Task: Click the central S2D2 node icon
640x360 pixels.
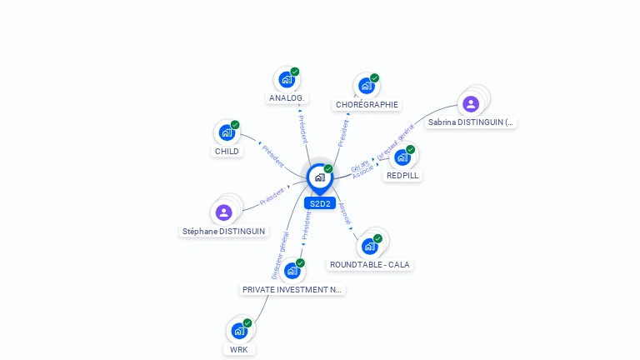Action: tap(319, 177)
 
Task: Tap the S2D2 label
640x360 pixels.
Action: tap(320, 203)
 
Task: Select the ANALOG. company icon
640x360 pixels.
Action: tap(287, 80)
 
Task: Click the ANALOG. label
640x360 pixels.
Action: tap(287, 98)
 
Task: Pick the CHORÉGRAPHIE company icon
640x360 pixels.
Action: tap(366, 86)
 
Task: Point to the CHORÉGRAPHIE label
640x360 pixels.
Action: tap(367, 105)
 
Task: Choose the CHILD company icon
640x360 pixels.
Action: tap(227, 132)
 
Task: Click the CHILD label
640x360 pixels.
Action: tap(227, 152)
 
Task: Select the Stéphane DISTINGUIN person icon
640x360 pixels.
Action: tap(223, 212)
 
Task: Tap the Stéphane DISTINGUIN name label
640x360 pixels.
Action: tap(224, 231)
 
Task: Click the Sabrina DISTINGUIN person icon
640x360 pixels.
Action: tap(471, 104)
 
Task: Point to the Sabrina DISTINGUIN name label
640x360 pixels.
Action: tap(471, 122)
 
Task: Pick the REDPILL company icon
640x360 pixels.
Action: tap(402, 157)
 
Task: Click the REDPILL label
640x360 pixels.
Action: tap(403, 176)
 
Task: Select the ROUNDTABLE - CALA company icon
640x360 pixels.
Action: tap(369, 247)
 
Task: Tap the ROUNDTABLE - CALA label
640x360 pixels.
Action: tap(370, 265)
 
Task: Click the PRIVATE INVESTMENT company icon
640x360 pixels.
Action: tap(292, 271)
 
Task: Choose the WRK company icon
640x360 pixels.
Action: tap(239, 331)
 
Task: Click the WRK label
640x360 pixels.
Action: tap(239, 350)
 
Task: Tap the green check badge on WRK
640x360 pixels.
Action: tap(247, 322)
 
